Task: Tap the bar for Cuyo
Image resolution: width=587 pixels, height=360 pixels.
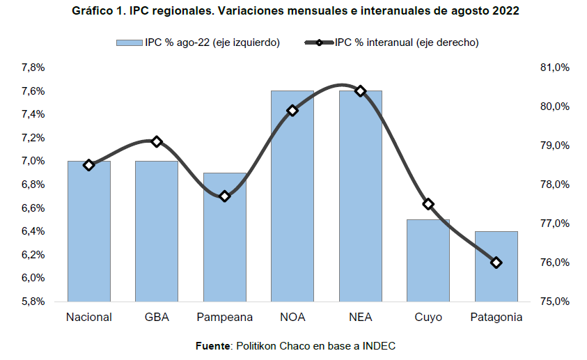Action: coord(428,260)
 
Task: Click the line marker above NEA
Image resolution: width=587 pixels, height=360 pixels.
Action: coord(360,91)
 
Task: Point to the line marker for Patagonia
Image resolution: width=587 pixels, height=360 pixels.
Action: coord(496,263)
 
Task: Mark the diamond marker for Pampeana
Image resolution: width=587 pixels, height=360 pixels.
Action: coord(224,196)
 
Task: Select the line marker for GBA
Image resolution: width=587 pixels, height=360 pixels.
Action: coord(157,141)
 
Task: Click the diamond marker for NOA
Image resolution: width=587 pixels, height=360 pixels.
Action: coord(292,110)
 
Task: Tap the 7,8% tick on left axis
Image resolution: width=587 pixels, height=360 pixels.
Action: coord(33,68)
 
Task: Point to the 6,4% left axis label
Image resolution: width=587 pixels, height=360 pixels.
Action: coord(33,231)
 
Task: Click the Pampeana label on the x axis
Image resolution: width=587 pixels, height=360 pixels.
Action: coord(224,318)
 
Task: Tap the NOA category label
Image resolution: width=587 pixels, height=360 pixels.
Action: coord(292,318)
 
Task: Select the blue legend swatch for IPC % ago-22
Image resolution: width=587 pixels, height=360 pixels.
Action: coord(130,42)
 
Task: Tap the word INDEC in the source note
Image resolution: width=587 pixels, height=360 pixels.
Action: coord(380,345)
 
